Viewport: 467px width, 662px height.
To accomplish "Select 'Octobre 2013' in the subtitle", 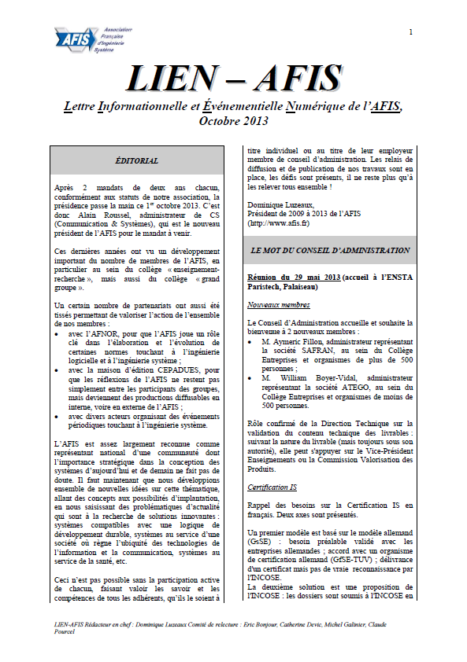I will [x=234, y=121].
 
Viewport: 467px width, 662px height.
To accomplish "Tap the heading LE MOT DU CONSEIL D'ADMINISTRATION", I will [x=330, y=250].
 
